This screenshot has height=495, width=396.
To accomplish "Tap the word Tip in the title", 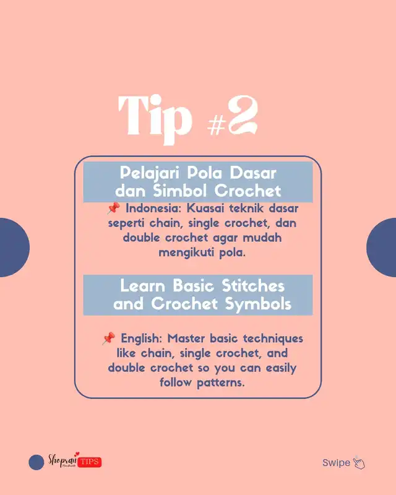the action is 155,119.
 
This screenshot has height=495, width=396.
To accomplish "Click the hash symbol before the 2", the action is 217,125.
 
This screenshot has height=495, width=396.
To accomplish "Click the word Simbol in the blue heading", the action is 180,191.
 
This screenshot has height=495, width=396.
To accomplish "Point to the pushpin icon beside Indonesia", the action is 114,209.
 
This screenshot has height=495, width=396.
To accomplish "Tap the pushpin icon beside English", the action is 109,338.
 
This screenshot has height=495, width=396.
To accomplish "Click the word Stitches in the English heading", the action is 253,286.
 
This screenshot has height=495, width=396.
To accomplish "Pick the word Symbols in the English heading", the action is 258,304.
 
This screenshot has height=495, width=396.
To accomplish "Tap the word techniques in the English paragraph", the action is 273,338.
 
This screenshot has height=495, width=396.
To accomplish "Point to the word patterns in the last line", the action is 221,383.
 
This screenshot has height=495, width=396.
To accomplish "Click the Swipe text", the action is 336,463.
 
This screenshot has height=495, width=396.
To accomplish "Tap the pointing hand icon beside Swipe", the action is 359,463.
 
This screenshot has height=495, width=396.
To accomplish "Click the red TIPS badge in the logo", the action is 89,462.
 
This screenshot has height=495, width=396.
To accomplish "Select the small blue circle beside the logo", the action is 37,462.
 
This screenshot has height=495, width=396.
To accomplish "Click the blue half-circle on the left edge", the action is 14,247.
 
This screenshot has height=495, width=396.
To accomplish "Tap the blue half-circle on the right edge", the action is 382,247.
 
